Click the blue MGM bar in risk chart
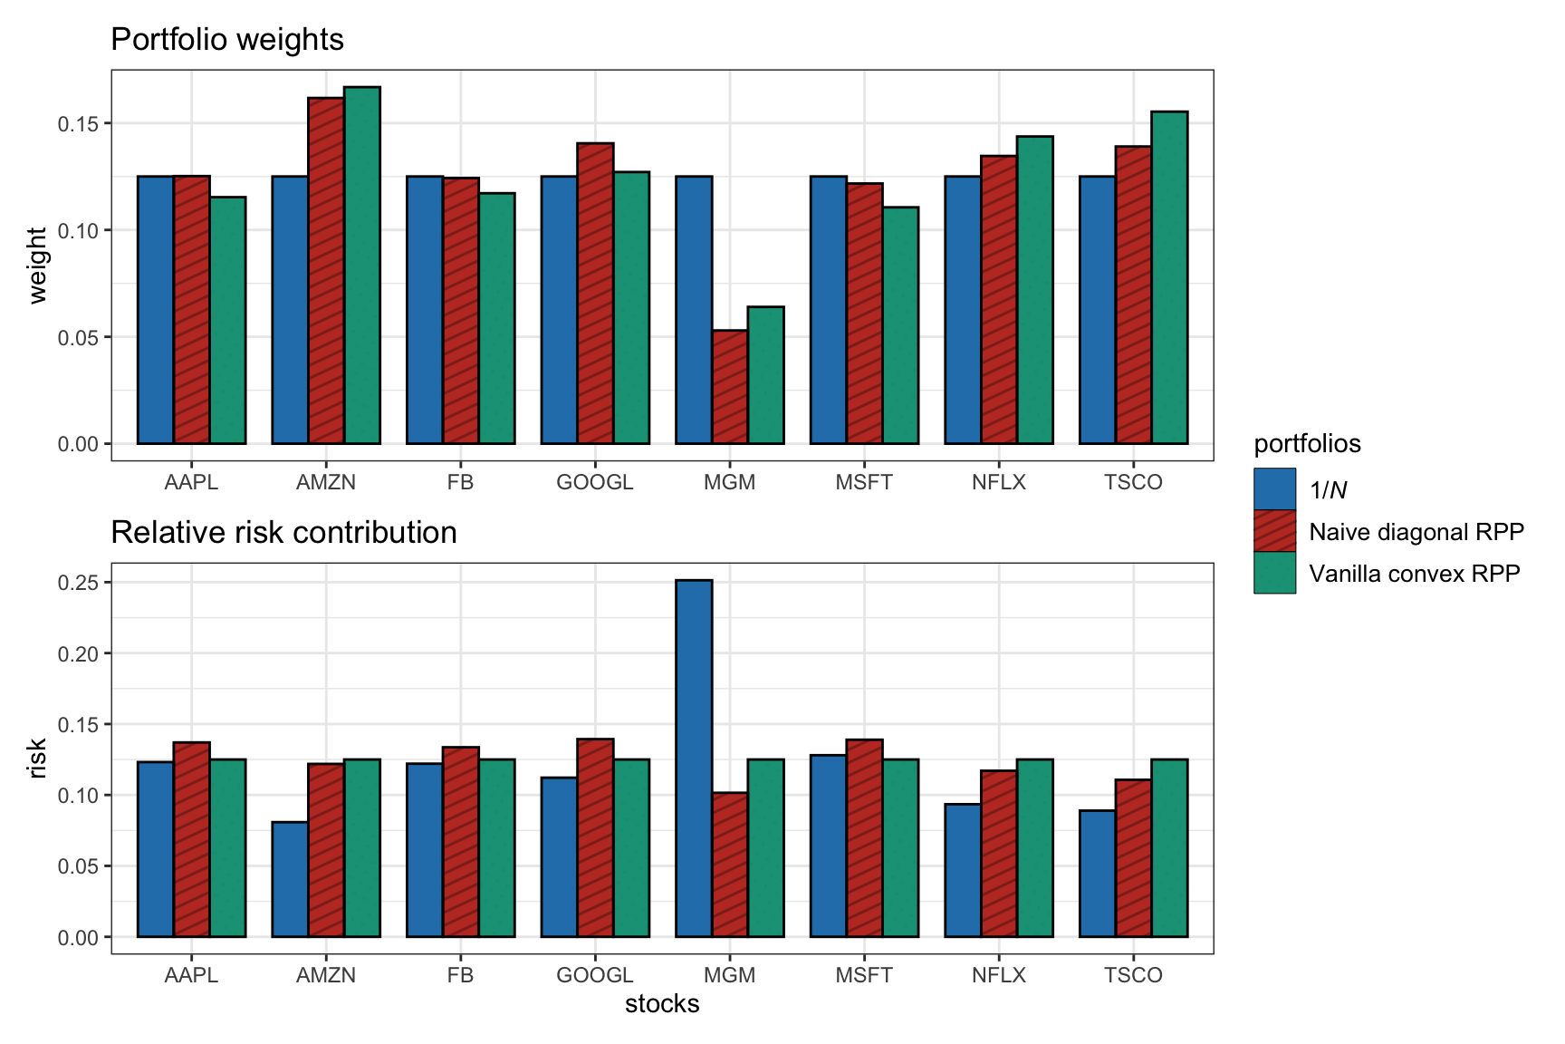tap(694, 758)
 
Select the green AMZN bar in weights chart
tap(362, 266)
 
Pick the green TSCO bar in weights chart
tap(1169, 277)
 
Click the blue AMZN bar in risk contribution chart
tap(290, 879)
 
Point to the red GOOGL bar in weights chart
tap(595, 294)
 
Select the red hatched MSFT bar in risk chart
tap(864, 838)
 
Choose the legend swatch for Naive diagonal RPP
tap(1274, 531)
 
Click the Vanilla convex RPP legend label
tap(1414, 574)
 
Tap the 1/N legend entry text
tap(1328, 490)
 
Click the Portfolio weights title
tap(227, 40)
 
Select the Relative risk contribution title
tap(283, 533)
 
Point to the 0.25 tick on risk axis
tap(78, 583)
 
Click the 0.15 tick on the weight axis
tap(78, 124)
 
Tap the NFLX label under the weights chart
tap(998, 482)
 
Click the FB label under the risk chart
tap(460, 975)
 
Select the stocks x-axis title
tap(662, 1004)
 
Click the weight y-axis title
tap(37, 265)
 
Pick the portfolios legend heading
tap(1307, 444)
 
